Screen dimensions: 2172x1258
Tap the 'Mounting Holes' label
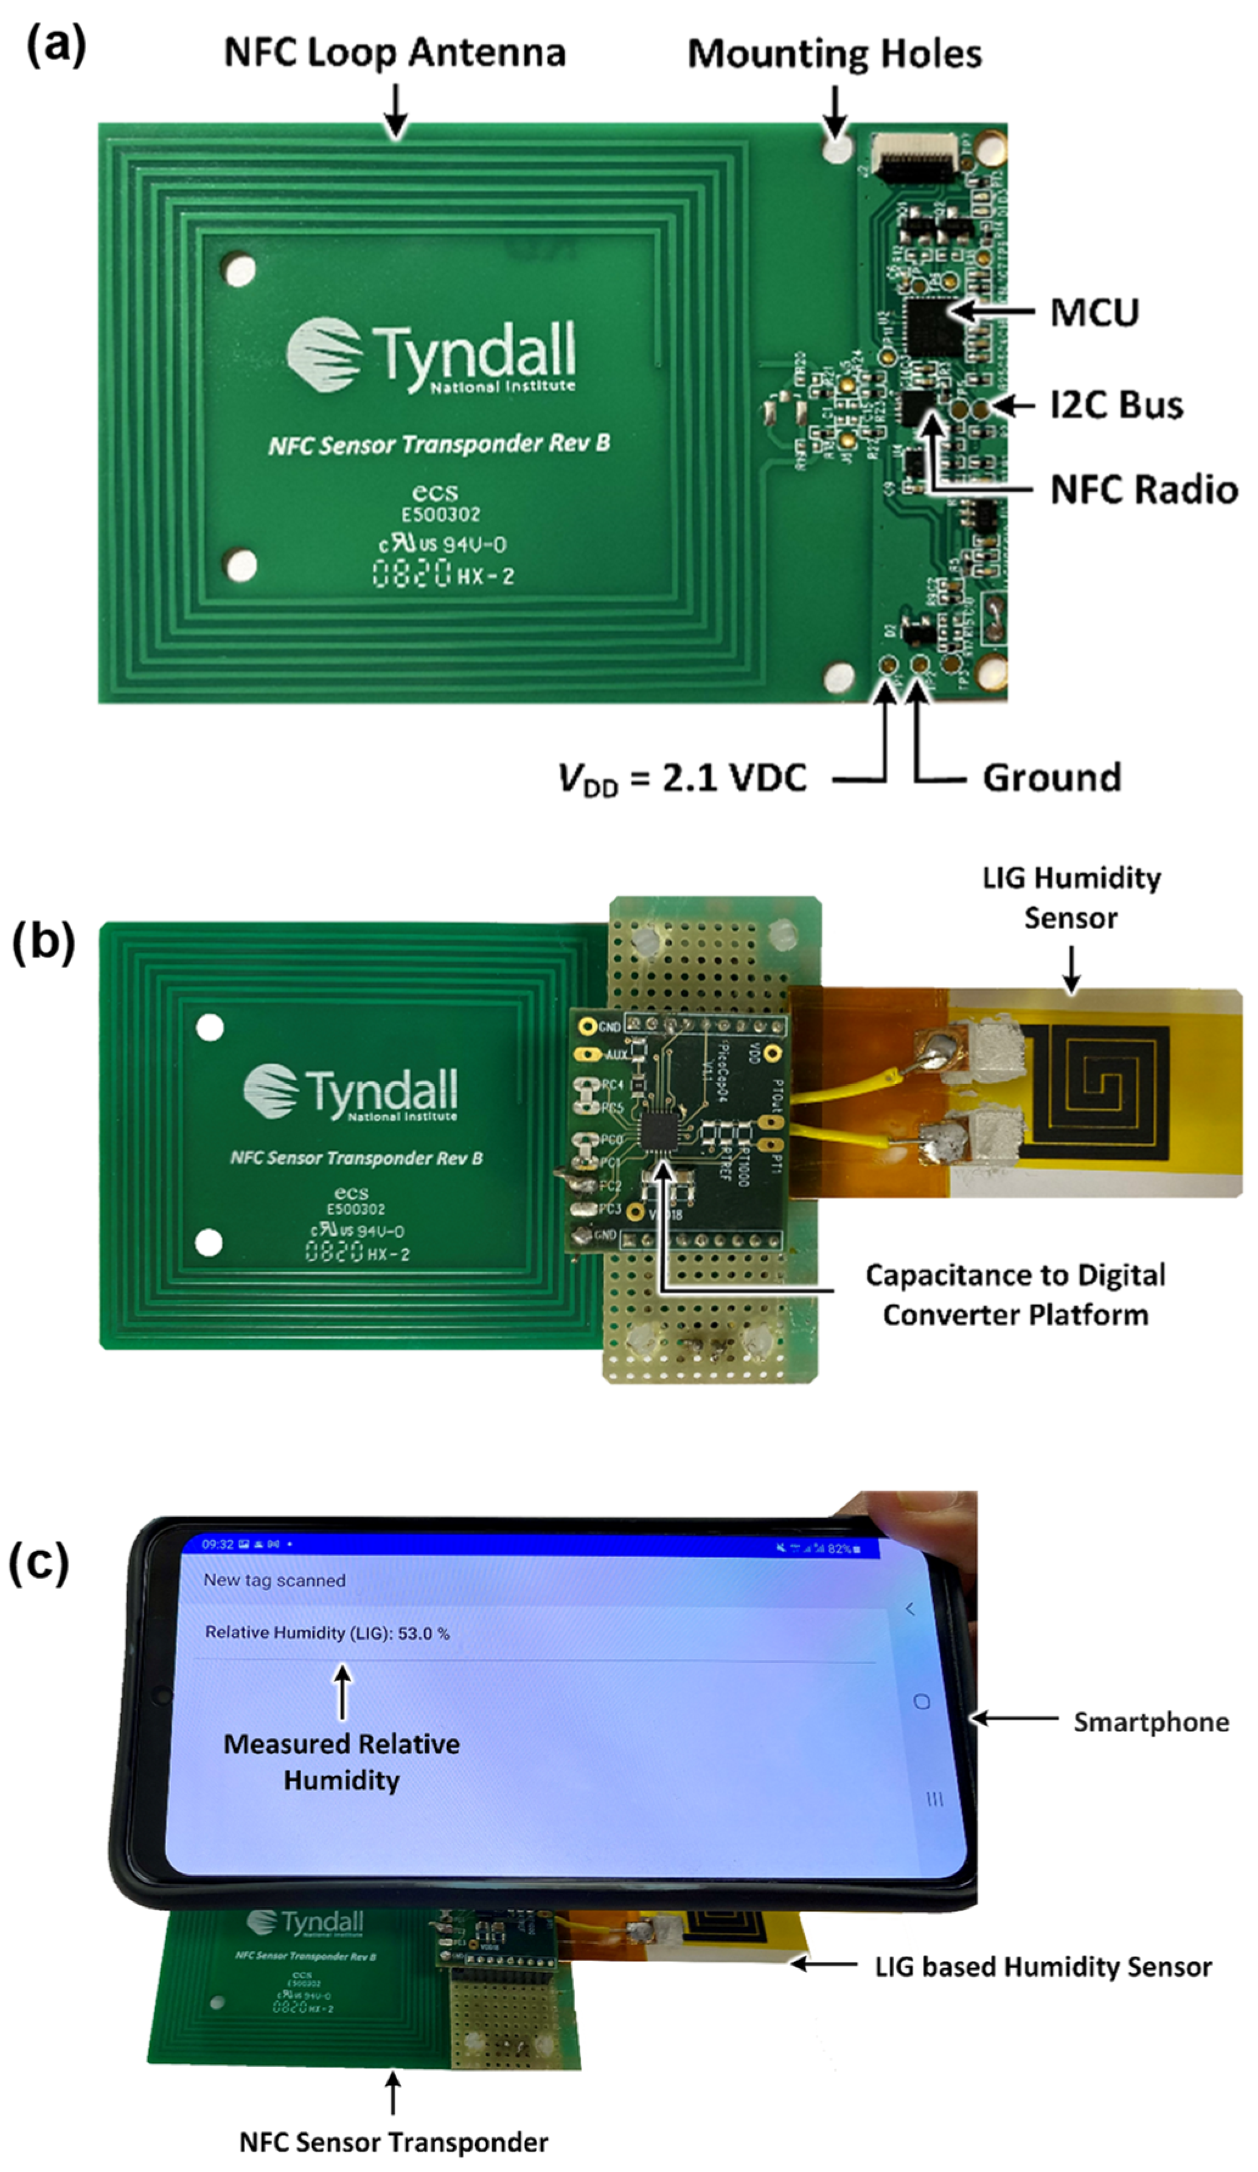[833, 54]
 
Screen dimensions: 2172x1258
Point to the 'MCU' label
[1093, 313]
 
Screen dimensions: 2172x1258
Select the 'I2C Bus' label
[1116, 405]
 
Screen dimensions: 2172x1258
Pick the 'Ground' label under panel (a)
[1051, 778]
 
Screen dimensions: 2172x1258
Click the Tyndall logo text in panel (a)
[474, 356]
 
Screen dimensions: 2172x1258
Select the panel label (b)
[43, 941]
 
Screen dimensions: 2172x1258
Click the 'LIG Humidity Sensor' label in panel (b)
[1071, 897]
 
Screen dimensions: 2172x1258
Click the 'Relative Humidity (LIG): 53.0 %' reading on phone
[327, 1634]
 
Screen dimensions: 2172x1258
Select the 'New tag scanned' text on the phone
[274, 1580]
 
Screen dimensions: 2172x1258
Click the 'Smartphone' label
[1150, 1722]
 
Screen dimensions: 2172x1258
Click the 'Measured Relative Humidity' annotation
[341, 1762]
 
